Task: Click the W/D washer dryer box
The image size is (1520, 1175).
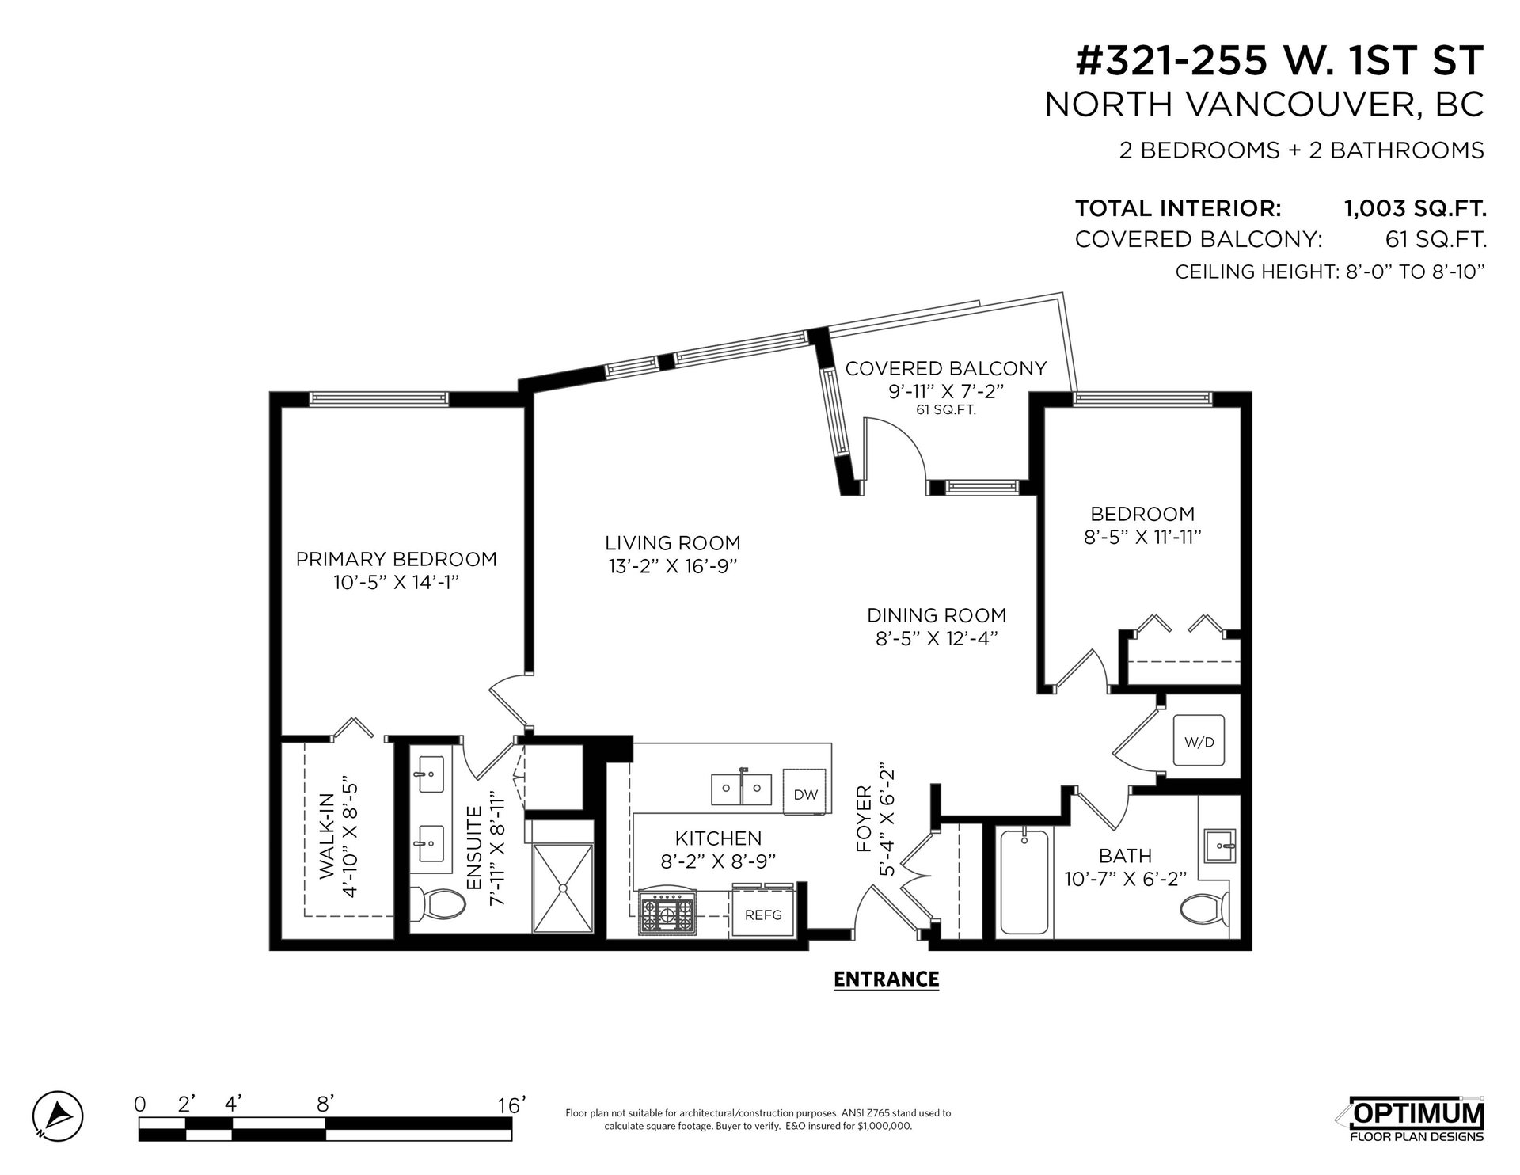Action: click(1199, 742)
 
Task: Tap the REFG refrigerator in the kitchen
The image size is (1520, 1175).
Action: click(763, 915)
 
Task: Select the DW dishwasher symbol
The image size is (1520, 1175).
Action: click(805, 795)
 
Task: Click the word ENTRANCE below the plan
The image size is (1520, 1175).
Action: click(886, 979)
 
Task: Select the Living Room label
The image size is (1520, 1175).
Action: click(673, 543)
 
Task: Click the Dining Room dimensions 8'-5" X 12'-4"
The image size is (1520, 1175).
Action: click(936, 638)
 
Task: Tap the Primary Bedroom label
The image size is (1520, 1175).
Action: click(397, 559)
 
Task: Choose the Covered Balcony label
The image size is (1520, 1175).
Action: click(946, 368)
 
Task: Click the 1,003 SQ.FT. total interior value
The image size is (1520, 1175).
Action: click(1415, 209)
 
